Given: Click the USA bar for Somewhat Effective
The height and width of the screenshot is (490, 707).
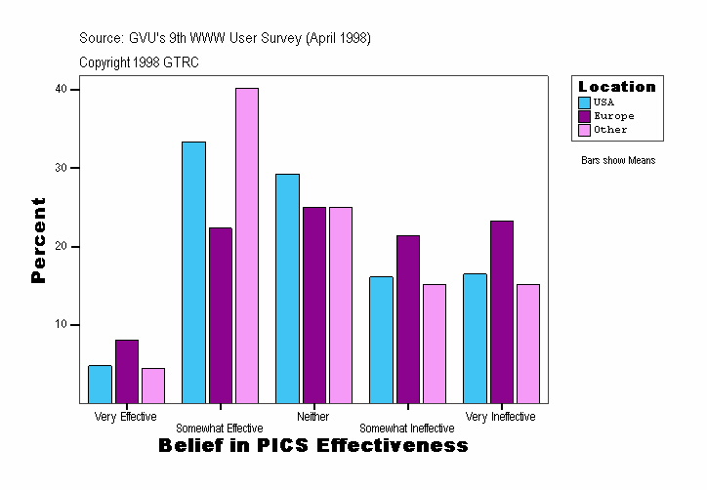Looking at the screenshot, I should click(x=193, y=272).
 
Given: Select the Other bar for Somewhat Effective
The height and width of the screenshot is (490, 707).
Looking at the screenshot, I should click(x=247, y=245).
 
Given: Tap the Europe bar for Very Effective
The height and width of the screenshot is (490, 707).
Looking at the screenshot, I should click(x=127, y=371).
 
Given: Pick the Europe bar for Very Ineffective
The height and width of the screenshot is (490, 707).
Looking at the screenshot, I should click(x=502, y=311).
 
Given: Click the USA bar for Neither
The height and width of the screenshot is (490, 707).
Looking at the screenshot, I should click(x=287, y=288).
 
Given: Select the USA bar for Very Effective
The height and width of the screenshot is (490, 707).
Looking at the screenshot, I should click(x=100, y=384).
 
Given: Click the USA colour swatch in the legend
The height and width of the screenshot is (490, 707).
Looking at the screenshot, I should click(x=584, y=102).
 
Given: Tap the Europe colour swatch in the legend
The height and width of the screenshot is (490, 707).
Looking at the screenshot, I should click(x=584, y=116).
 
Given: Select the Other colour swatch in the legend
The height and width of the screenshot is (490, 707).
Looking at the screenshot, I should click(x=584, y=130).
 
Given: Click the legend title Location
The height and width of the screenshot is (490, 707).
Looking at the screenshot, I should click(x=617, y=87).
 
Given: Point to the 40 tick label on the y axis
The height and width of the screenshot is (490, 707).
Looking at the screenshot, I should click(x=61, y=89).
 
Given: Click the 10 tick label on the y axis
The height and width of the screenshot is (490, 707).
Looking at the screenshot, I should click(x=61, y=324).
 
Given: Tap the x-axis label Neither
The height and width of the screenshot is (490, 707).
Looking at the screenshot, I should click(x=313, y=417).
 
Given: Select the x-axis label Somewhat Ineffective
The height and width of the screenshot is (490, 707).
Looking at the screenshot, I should click(x=406, y=429).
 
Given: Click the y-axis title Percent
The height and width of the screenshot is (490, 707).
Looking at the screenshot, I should click(x=38, y=240).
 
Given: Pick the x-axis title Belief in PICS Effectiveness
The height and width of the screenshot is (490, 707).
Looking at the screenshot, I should click(x=312, y=446).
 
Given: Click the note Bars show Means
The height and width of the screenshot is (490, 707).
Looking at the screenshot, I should click(x=618, y=161).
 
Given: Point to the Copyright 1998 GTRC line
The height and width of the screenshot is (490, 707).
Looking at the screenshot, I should click(x=139, y=62).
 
